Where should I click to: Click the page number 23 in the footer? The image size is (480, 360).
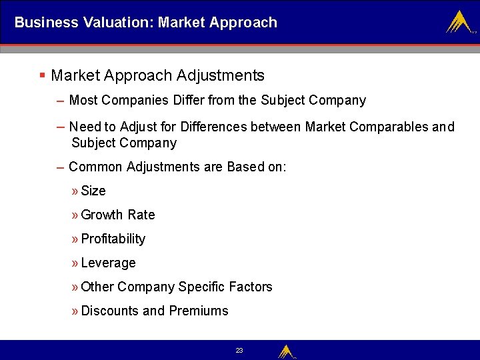coord(239,350)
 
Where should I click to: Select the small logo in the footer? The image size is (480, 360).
coord(286,351)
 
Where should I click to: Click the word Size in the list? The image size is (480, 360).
coord(93,191)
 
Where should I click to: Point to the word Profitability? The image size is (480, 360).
coord(113,239)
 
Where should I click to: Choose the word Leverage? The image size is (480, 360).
coord(108,263)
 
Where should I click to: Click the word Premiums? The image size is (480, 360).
coord(198,311)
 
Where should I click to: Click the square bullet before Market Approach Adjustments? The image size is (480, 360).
coord(42,76)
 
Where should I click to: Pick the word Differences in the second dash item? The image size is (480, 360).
coord(213,127)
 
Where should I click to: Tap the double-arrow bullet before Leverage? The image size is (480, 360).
coord(74,263)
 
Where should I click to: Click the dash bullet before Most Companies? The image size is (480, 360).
coord(61,100)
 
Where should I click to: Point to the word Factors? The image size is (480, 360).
coord(250,287)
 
